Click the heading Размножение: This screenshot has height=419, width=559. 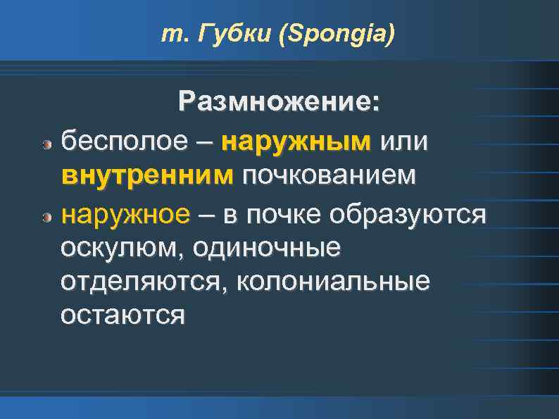pyautogui.click(x=280, y=102)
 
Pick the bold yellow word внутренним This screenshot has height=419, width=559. pyautogui.click(x=146, y=175)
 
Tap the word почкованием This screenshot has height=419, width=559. pyautogui.click(x=329, y=175)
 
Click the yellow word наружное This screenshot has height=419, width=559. pyautogui.click(x=125, y=213)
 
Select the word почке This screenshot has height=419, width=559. pyautogui.click(x=310, y=213)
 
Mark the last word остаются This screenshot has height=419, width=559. pyautogui.click(x=123, y=315)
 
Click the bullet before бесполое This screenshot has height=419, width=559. pyautogui.click(x=46, y=144)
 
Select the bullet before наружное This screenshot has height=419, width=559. pyautogui.click(x=46, y=216)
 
